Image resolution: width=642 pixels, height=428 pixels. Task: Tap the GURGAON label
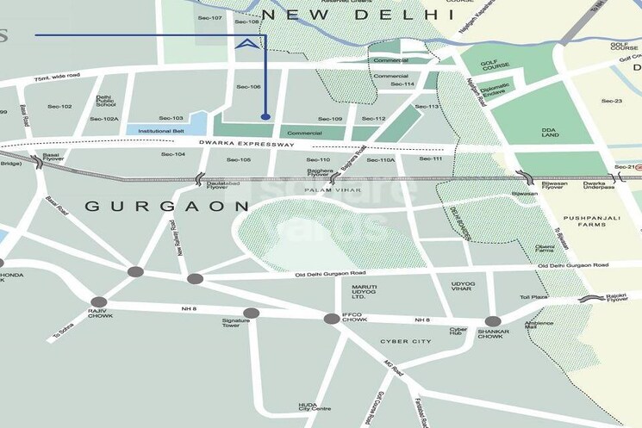pyautogui.click(x=167, y=207)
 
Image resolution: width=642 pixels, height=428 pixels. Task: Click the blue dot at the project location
pyautogui.click(x=265, y=116)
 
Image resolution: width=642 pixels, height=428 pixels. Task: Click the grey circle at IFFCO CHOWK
pyautogui.click(x=332, y=319)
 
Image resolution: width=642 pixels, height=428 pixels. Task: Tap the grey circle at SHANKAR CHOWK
pyautogui.click(x=493, y=320)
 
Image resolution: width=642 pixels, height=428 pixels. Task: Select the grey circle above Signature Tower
pyautogui.click(x=251, y=313)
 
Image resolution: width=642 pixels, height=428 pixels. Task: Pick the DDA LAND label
pyautogui.click(x=552, y=133)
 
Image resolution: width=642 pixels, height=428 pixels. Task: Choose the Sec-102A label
pyautogui.click(x=104, y=119)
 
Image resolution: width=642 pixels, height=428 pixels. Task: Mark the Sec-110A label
pyautogui.click(x=380, y=160)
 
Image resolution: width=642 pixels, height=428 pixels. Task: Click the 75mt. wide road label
pyautogui.click(x=57, y=77)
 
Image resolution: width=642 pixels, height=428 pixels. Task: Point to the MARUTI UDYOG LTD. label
pyautogui.click(x=365, y=293)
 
